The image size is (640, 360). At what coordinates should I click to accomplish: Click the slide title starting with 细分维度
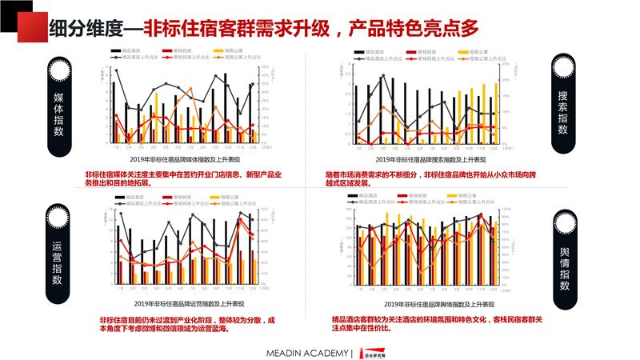(263, 28)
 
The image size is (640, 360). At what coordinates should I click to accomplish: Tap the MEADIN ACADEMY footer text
(309, 353)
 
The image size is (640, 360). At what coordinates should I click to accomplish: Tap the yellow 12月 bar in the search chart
(496, 113)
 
